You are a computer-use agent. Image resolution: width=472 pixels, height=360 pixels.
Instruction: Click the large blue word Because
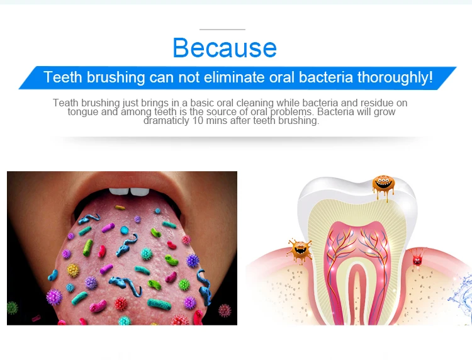click(225, 48)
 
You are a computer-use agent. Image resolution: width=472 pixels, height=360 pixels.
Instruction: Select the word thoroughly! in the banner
click(395, 77)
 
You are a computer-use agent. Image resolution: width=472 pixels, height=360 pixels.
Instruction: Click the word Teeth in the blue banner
click(63, 77)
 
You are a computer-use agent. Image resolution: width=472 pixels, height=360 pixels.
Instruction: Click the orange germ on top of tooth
click(383, 186)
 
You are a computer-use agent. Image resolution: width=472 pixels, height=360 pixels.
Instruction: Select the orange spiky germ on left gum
click(300, 251)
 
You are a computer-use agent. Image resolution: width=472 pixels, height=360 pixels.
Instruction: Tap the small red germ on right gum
click(417, 259)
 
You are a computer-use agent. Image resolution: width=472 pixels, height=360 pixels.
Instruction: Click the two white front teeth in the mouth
click(129, 191)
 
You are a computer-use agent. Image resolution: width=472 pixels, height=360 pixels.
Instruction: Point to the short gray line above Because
click(222, 30)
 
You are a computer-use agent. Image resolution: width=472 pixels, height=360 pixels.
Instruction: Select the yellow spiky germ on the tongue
click(73, 270)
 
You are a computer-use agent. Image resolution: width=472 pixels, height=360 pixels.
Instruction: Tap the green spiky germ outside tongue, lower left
click(13, 308)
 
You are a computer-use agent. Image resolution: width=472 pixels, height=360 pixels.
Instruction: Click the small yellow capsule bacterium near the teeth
click(120, 208)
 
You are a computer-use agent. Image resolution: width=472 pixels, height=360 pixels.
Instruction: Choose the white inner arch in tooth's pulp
click(357, 289)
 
